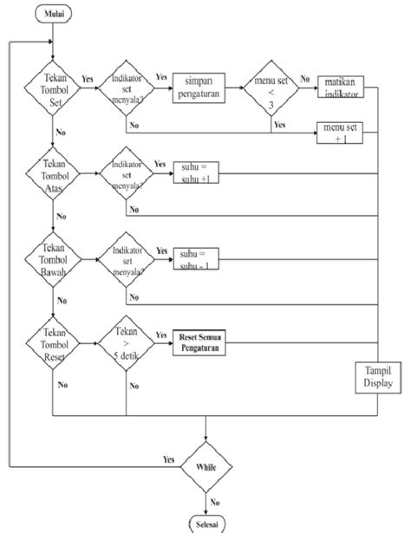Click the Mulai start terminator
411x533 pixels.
(x=53, y=13)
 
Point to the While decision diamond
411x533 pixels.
(x=206, y=466)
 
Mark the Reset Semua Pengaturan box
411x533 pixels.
(x=196, y=341)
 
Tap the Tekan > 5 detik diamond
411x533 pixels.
(x=127, y=341)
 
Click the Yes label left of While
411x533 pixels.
(x=170, y=458)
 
